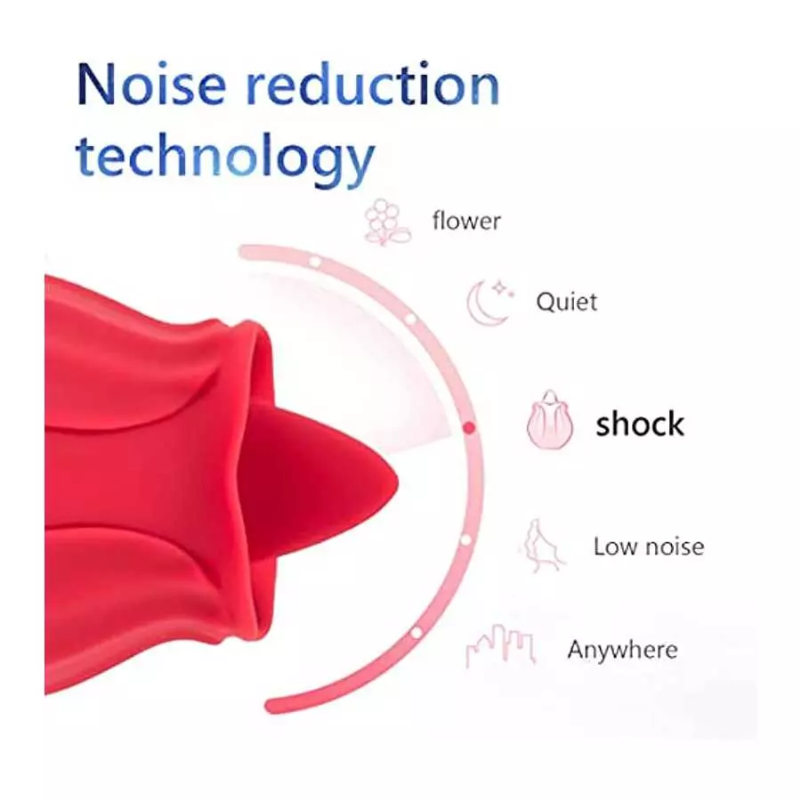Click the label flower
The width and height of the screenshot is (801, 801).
(466, 220)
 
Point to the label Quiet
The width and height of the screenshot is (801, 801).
(566, 302)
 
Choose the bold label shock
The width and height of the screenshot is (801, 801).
(640, 424)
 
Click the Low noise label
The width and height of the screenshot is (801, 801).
(648, 546)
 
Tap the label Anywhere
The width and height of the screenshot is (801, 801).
(622, 650)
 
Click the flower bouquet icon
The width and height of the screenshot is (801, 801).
(387, 222)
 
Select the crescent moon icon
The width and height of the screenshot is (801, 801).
(485, 304)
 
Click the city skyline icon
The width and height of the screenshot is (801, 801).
(500, 646)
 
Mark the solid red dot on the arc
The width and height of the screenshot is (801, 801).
(470, 428)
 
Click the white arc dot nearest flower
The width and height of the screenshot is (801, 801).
(314, 262)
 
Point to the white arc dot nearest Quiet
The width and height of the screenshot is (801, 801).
(410, 318)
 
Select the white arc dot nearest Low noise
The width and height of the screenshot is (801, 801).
(465, 538)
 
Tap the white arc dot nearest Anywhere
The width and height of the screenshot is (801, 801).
(415, 633)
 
